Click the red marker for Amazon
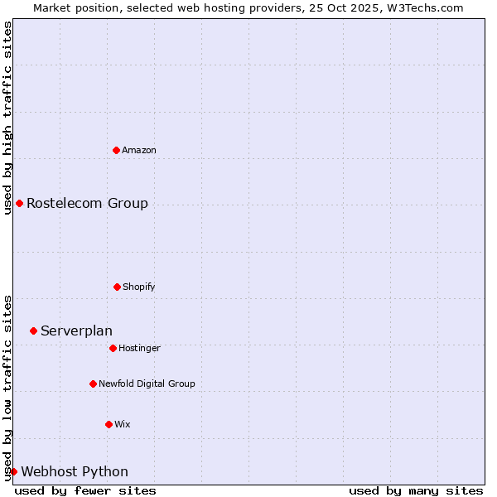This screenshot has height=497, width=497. click(x=116, y=150)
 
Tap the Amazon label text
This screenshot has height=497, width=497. click(x=139, y=151)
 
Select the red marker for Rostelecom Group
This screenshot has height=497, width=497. click(x=19, y=203)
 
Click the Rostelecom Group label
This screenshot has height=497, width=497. click(x=87, y=204)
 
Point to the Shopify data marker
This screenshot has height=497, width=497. click(x=117, y=287)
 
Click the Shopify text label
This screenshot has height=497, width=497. click(x=139, y=287)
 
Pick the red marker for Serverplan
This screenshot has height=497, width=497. click(x=33, y=331)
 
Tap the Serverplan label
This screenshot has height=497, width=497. click(x=76, y=331)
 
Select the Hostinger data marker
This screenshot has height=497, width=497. click(x=113, y=348)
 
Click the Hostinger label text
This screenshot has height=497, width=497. click(x=139, y=349)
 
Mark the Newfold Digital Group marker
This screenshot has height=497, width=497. click(x=93, y=384)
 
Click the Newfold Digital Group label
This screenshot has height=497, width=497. click(x=147, y=384)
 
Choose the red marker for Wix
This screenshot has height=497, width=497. click(x=109, y=424)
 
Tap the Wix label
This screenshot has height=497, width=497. click(x=123, y=425)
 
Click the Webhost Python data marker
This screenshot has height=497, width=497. click(x=13, y=471)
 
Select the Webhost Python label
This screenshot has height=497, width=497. click(x=75, y=472)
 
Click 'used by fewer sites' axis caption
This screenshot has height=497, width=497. click(x=85, y=491)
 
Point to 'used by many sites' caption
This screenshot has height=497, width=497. click(x=416, y=491)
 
